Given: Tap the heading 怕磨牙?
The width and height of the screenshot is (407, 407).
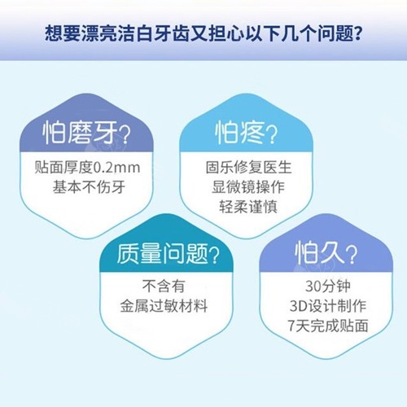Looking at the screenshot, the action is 86,133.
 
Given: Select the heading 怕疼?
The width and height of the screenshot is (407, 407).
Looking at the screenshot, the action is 247,133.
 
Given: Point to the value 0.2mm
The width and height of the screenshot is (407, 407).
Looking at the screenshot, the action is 116,168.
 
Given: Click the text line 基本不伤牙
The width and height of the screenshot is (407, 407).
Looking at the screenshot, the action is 89,187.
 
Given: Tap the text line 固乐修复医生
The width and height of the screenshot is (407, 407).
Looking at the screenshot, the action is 248,168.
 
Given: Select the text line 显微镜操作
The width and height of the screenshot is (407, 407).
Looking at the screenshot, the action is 248,187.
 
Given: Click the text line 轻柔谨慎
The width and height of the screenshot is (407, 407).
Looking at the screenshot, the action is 248,207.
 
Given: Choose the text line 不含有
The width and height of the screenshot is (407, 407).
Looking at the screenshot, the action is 164,287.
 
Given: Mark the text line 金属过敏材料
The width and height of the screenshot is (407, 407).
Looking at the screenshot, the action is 164,306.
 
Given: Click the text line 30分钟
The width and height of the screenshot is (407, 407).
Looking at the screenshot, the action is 328,287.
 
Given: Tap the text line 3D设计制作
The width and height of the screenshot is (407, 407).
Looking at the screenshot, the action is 328,306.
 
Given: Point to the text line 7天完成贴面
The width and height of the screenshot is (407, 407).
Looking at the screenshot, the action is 328,326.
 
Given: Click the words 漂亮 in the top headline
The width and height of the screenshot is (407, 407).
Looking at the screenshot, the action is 99,34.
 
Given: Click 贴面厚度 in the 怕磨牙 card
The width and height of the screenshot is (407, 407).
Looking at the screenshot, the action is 64,168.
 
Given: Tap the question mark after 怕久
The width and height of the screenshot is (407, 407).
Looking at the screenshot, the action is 351,255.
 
